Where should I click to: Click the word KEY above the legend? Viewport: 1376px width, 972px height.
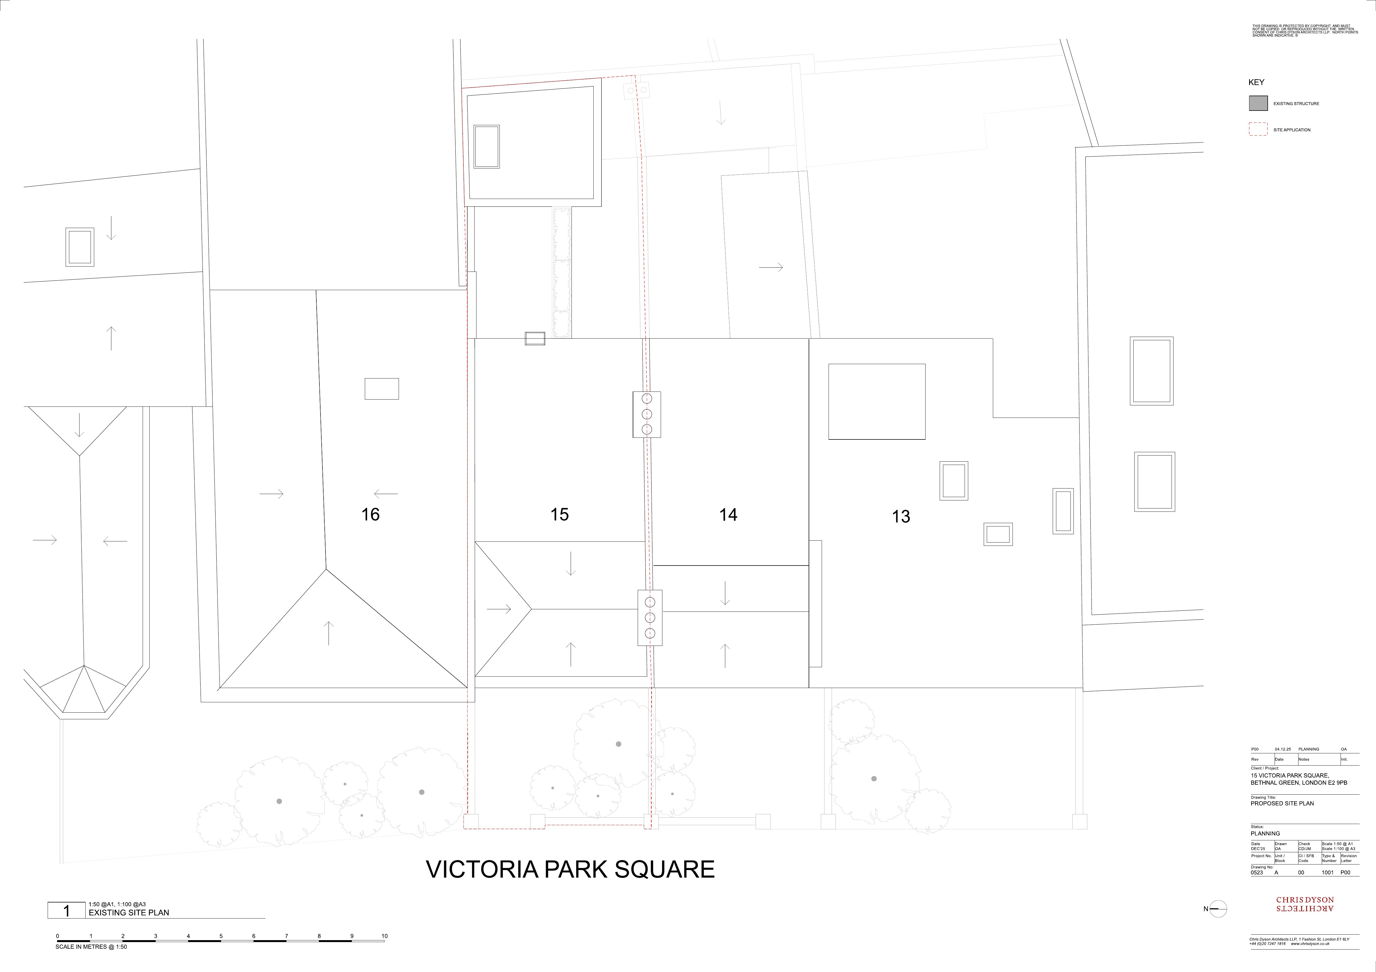tap(1256, 82)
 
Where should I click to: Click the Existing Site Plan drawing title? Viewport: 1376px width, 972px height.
tap(129, 913)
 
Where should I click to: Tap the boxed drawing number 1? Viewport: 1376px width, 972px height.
tap(66, 911)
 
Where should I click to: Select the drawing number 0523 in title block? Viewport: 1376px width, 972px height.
tap(1257, 873)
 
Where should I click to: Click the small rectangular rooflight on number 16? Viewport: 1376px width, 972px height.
tap(382, 389)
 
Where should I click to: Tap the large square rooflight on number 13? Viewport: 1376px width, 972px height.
tap(877, 401)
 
